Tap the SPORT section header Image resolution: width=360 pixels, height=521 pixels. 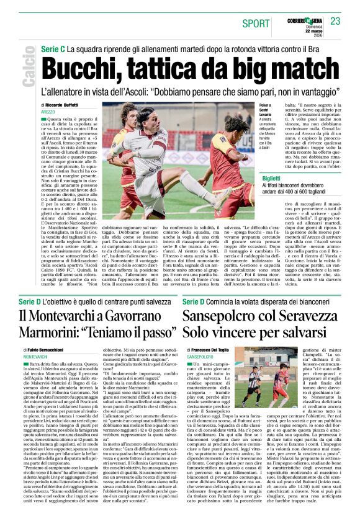click(x=256, y=24)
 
